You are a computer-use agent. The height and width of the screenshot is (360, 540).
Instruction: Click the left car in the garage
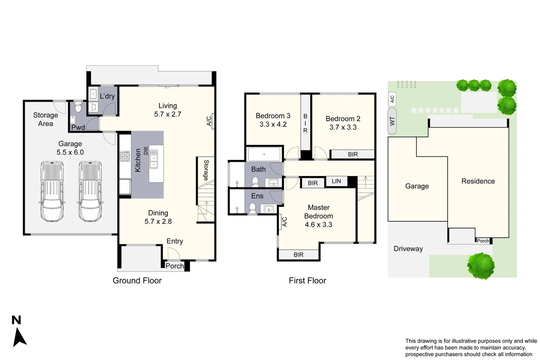pyautogui.click(x=52, y=192)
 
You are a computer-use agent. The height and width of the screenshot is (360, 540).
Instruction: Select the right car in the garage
pyautogui.click(x=90, y=192)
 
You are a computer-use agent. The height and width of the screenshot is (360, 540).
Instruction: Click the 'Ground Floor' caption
pyautogui.click(x=137, y=281)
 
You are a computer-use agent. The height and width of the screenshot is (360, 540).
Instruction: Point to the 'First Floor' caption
pyautogui.click(x=307, y=281)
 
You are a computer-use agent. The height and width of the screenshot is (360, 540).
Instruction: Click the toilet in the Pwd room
pyautogui.click(x=78, y=108)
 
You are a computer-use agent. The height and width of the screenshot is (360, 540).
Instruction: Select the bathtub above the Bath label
pyautogui.click(x=264, y=154)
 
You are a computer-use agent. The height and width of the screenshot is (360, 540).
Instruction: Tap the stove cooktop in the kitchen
pyautogui.click(x=125, y=156)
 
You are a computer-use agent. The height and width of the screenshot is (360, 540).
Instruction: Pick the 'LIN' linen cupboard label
pyautogui.click(x=336, y=181)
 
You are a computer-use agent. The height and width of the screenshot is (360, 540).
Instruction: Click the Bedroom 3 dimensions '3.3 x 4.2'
pyautogui.click(x=273, y=124)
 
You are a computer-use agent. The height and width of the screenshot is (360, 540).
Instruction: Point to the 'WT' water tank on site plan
pyautogui.click(x=392, y=121)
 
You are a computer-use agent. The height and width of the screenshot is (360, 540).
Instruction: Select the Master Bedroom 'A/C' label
pyautogui.click(x=284, y=222)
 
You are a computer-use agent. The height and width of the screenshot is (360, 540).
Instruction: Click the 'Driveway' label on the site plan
pyautogui.click(x=408, y=249)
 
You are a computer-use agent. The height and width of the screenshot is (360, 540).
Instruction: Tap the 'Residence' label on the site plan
pyautogui.click(x=478, y=181)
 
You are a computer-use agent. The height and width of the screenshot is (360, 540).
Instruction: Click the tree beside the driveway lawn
pyautogui.click(x=481, y=266)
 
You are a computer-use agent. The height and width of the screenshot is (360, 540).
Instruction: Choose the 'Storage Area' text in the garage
pyautogui.click(x=46, y=119)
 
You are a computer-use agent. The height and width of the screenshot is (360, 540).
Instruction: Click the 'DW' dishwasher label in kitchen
pyautogui.click(x=146, y=151)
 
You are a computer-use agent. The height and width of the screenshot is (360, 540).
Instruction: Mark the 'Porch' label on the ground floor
pyautogui.click(x=174, y=266)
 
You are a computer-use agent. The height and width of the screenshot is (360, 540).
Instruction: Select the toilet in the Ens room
pyautogui.click(x=252, y=208)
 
